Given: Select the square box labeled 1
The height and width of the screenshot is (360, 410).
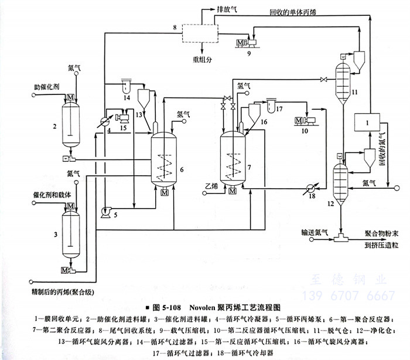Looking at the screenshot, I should click(x=368, y=123).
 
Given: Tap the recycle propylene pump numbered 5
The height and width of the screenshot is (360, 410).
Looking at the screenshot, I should click(x=106, y=209).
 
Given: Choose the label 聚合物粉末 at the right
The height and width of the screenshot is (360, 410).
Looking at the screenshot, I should click(x=382, y=233).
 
